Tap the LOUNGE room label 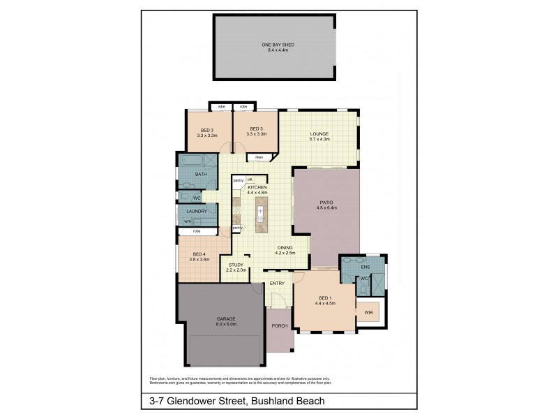pyautogui.click(x=319, y=134)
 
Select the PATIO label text pyautogui.click(x=326, y=203)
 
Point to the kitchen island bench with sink pyautogui.click(x=262, y=212)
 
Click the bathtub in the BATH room pyautogui.click(x=189, y=161)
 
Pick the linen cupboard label pyautogui.click(x=259, y=157)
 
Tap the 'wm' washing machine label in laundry pyautogui.click(x=187, y=221)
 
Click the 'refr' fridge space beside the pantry pyautogui.click(x=250, y=180)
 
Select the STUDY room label pyautogui.click(x=236, y=265)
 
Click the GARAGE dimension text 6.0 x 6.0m pyautogui.click(x=226, y=324)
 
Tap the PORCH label pyautogui.click(x=280, y=326)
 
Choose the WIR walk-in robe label pyautogui.click(x=368, y=313)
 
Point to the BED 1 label pyautogui.click(x=325, y=298)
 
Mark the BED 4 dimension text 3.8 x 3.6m pyautogui.click(x=199, y=259)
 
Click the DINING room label pyautogui.click(x=285, y=247)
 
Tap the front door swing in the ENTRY pyautogui.click(x=278, y=301)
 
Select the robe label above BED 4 pyautogui.click(x=197, y=230)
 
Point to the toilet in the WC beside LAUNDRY pyautogui.click(x=183, y=198)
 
